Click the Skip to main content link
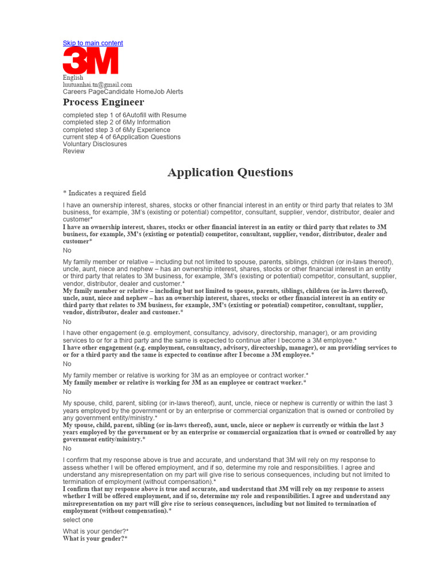click(92, 43)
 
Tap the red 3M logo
click(91, 60)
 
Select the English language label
click(73, 77)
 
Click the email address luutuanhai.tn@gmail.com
click(97, 84)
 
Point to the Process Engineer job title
click(103, 103)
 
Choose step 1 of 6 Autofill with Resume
click(124, 115)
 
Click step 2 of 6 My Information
click(116, 123)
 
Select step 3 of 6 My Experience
click(116, 130)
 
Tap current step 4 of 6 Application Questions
click(121, 137)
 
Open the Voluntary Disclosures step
click(95, 144)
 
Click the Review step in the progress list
click(73, 151)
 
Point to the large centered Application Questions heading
click(230, 173)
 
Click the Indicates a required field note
click(104, 193)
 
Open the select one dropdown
click(78, 520)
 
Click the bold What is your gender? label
click(95, 539)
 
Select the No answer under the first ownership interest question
click(67, 251)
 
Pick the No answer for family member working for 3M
click(67, 392)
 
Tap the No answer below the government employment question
click(67, 448)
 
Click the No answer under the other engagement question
click(67, 364)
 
